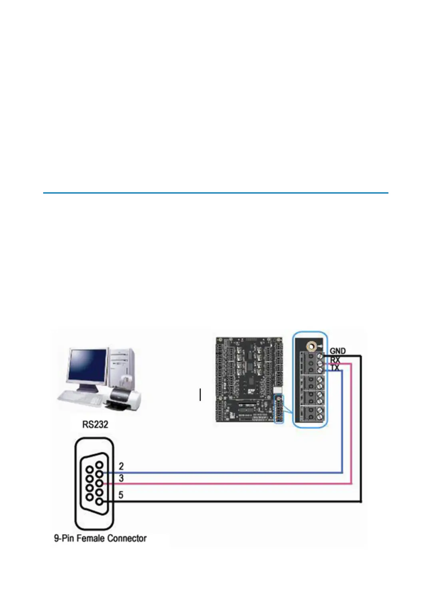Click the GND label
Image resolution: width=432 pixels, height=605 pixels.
(337, 351)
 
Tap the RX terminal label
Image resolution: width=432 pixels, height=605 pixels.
(335, 360)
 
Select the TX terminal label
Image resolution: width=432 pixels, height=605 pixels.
(334, 367)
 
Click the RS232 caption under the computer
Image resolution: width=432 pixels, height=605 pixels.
(95, 424)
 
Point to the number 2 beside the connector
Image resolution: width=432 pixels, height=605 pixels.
(121, 466)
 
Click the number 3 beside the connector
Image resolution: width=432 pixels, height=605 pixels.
(121, 478)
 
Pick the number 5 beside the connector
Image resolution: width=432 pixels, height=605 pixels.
(121, 495)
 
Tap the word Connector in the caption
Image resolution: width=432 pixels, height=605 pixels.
(127, 538)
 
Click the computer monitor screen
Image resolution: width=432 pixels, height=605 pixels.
(87, 365)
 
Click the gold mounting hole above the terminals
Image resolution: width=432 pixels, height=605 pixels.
(310, 346)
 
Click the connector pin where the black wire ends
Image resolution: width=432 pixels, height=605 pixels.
(99, 501)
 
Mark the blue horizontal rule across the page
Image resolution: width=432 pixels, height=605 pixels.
(216, 193)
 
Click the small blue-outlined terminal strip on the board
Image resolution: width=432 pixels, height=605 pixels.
(279, 409)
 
